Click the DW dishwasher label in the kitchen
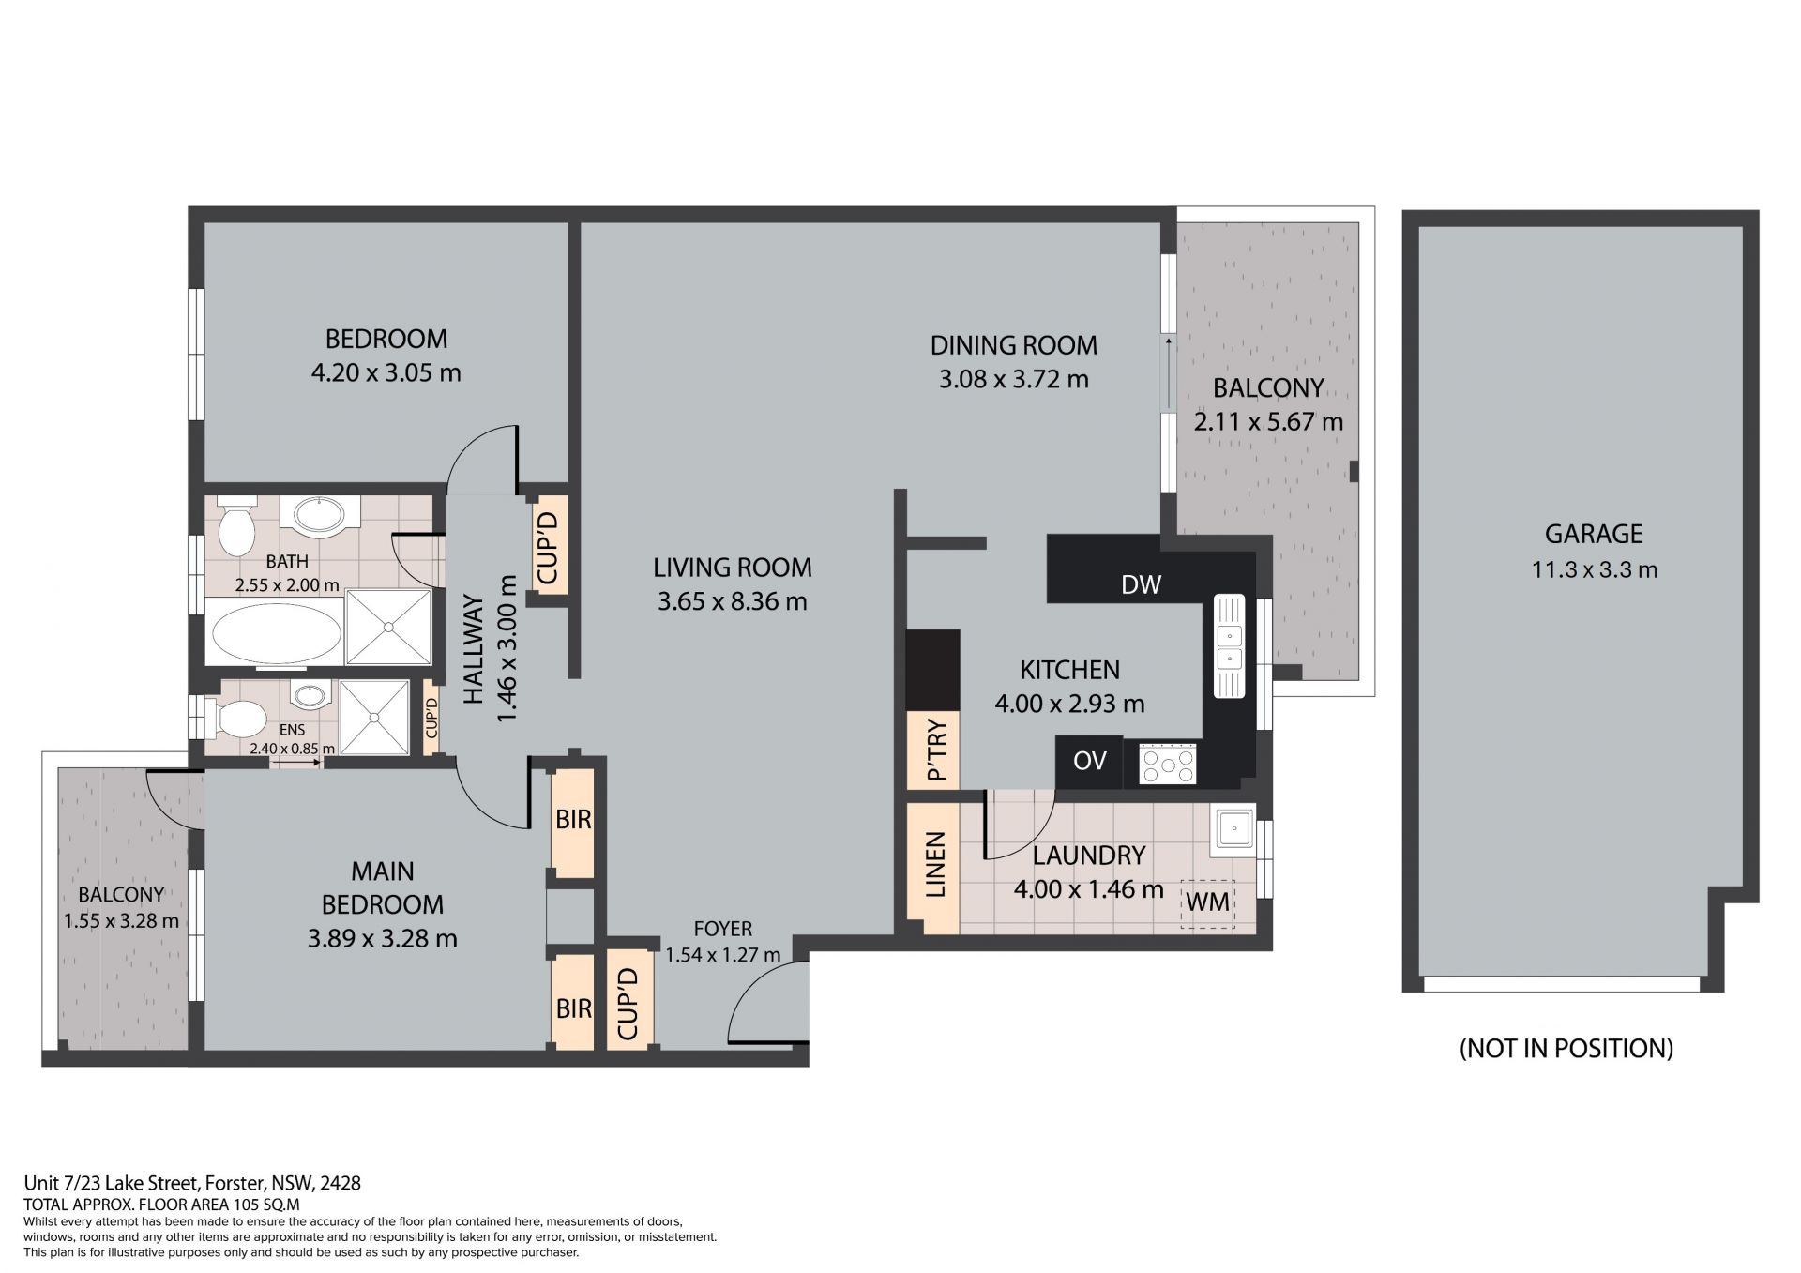1141,584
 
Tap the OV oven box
1089,761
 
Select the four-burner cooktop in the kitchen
1168,764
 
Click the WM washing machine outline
1208,902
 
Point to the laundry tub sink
1233,828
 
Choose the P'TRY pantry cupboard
934,750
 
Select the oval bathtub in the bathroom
277,634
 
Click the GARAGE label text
1594,534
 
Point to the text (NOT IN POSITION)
1566,1048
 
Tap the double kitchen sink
1229,645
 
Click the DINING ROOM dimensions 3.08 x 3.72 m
1014,380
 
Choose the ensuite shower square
374,718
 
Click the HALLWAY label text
474,649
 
